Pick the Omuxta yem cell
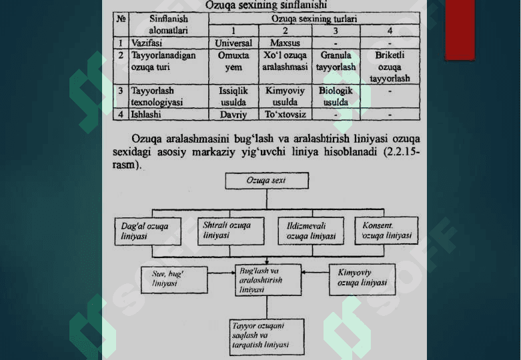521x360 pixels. click(x=233, y=61)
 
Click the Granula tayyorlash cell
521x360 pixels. click(x=336, y=61)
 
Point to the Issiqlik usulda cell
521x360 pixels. click(x=233, y=96)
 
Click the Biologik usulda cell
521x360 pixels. click(x=336, y=96)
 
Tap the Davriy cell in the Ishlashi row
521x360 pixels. click(x=233, y=114)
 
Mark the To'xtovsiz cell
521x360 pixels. click(x=285, y=114)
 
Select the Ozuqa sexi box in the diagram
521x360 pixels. click(x=266, y=181)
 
